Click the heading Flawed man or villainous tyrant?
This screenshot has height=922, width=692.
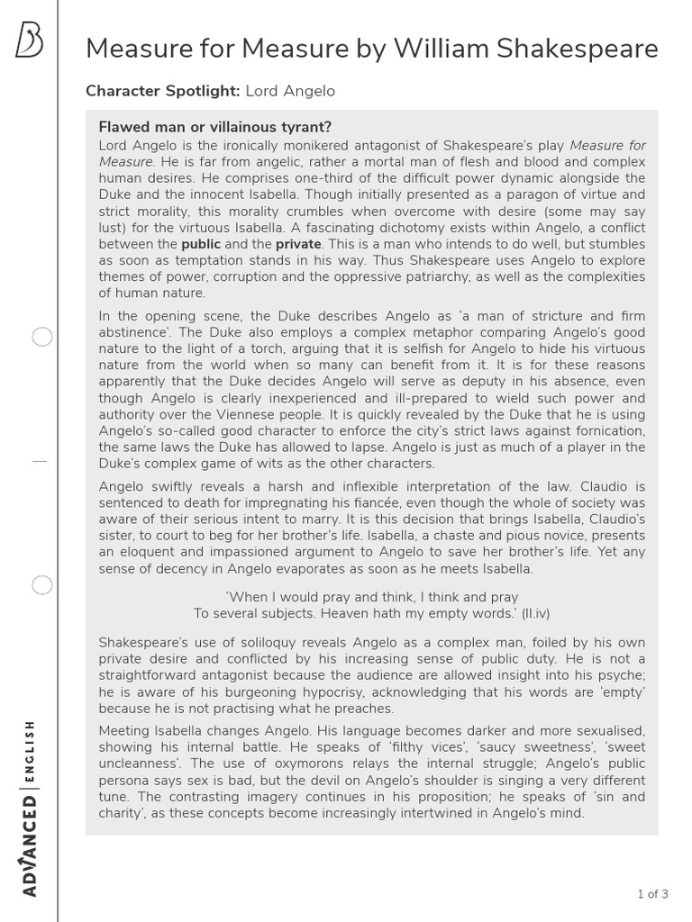tap(214, 127)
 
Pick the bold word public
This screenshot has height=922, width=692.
tap(201, 244)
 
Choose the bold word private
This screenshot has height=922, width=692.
tap(298, 244)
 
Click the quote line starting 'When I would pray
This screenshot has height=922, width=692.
tap(372, 597)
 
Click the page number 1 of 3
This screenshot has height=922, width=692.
tap(651, 894)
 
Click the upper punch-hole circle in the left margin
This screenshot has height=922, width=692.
tap(42, 338)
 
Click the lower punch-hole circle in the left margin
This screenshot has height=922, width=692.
tap(42, 586)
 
